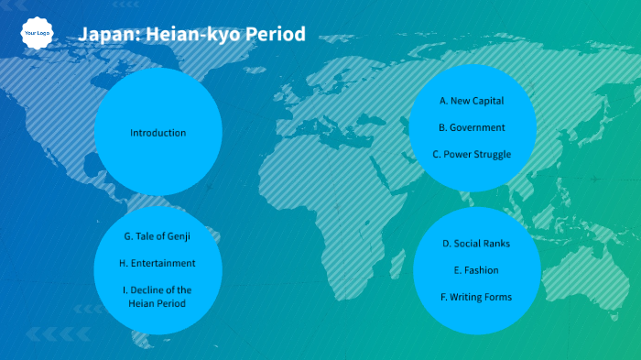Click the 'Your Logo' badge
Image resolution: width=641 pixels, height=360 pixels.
coord(37,33)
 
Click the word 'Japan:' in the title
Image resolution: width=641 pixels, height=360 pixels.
coord(103,35)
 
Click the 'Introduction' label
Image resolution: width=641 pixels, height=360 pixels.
coord(158,133)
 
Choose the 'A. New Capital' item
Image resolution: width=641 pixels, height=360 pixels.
coord(472,101)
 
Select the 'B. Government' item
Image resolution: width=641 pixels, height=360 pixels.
coord(472,127)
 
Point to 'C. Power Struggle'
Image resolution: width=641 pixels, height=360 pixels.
coord(472,154)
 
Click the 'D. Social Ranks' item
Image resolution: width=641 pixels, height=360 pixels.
coord(476,244)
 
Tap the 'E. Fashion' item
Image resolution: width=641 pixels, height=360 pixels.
coord(476,270)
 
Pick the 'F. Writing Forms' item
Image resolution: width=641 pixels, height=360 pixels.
coord(476,297)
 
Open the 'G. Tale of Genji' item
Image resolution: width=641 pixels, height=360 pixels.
coord(158,236)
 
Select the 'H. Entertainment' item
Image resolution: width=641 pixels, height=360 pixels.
coord(158,263)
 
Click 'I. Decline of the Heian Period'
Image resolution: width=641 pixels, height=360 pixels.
coord(158,296)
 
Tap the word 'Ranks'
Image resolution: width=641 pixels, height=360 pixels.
coord(495,244)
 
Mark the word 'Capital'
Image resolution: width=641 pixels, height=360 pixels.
coord(487,101)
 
